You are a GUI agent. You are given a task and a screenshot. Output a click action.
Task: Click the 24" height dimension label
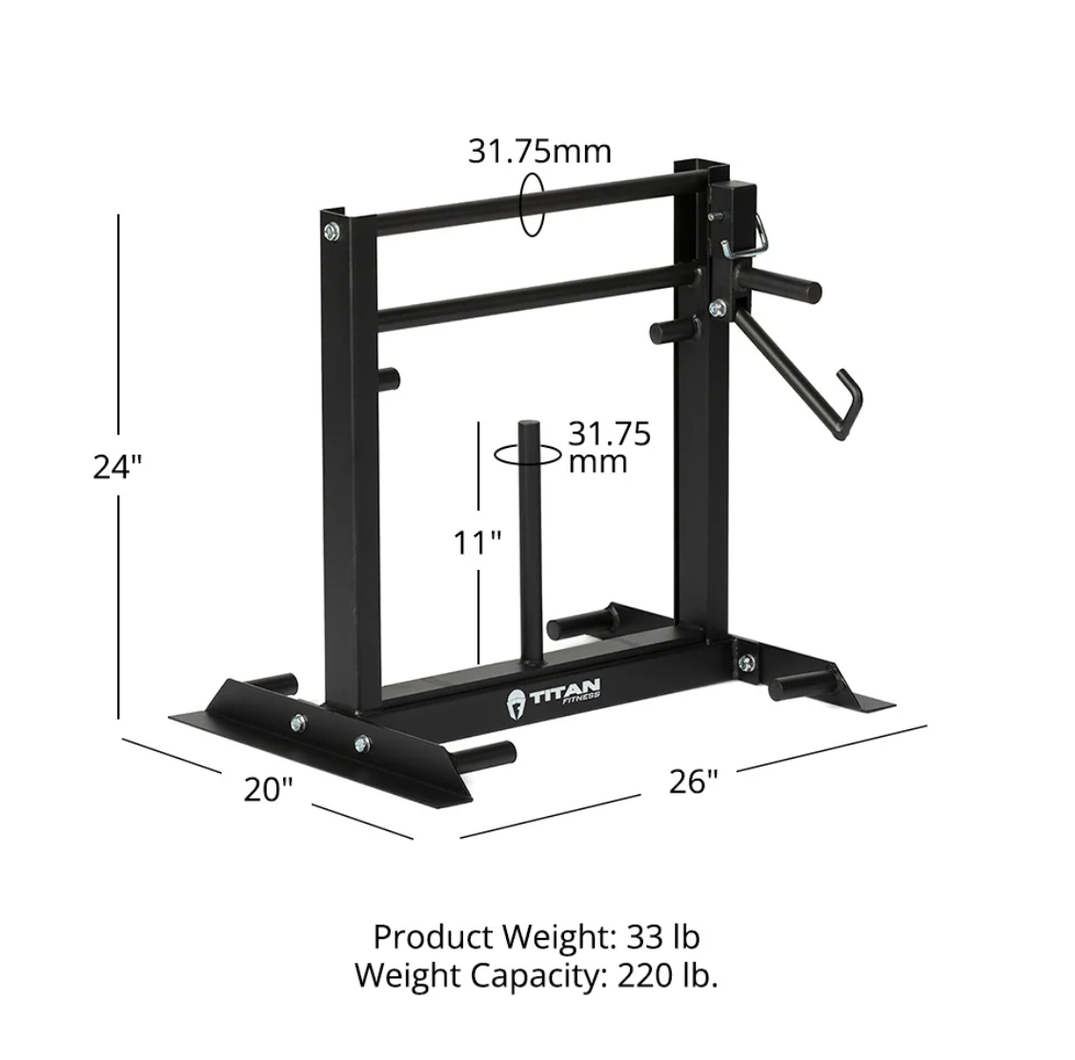tap(117, 467)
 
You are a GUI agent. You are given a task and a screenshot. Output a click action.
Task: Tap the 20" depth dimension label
tap(267, 789)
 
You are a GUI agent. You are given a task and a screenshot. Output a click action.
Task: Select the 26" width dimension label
tap(692, 782)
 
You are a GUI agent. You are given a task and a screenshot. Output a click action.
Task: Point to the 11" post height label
tap(477, 543)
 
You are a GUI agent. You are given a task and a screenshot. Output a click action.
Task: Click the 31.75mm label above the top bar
tap(539, 152)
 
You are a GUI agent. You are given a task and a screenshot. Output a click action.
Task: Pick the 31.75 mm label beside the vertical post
tap(609, 447)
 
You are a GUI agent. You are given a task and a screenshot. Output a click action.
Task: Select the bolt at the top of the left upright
tap(331, 230)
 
